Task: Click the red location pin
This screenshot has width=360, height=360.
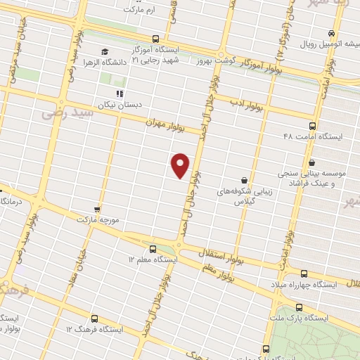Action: coord(181,165)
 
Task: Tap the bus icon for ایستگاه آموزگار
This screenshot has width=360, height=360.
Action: coord(155,39)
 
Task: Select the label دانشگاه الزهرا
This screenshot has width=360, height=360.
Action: coord(130,62)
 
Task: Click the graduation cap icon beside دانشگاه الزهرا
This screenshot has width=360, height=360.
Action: coord(105,52)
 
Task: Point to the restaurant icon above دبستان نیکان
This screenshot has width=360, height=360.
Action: coord(120,94)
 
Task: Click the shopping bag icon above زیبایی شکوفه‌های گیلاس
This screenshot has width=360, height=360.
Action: coord(244,181)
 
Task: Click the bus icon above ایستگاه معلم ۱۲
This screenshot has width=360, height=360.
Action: coord(153,249)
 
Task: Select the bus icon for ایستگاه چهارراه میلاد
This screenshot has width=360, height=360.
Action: coord(304,274)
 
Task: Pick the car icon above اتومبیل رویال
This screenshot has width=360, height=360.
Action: coord(330,33)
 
